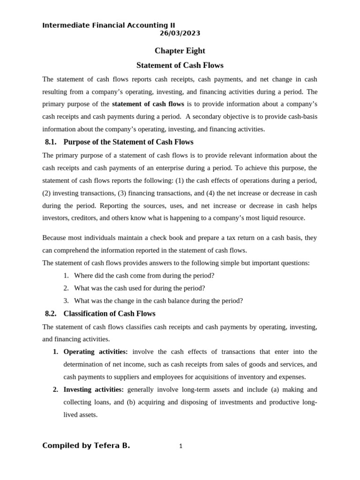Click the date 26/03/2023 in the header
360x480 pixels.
[x=180, y=33]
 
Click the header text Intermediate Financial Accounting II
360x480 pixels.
[x=109, y=25]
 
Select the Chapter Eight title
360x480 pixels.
[x=180, y=51]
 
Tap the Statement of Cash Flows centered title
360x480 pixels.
[x=180, y=66]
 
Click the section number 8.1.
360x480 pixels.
[x=51, y=142]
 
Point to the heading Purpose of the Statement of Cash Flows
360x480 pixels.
[x=128, y=142]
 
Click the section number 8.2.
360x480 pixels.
[x=51, y=314]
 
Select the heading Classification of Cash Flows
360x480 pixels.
[x=109, y=314]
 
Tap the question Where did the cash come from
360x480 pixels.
[x=144, y=276]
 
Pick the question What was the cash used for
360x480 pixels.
[x=139, y=288]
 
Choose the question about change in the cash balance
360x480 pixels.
[x=158, y=301]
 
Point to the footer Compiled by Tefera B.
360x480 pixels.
[x=86, y=446]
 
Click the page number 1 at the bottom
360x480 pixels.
[x=180, y=446]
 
